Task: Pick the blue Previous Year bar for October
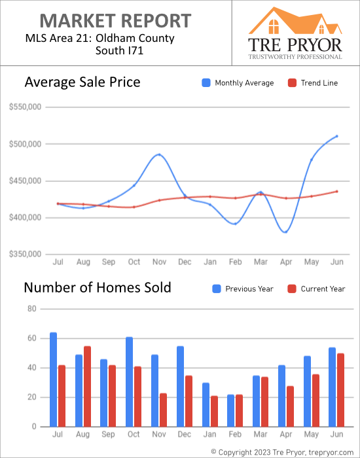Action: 130,381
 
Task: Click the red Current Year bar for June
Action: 340,390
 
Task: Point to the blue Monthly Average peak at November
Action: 159,155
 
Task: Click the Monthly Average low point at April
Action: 286,232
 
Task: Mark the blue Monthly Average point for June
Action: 336,136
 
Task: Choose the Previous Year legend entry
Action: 245,289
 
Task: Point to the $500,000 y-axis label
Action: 26,144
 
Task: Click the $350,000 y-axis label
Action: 26,255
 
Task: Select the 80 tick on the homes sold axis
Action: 31,309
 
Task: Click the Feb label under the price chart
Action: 236,262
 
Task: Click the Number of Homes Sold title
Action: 98,287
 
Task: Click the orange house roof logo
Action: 295,21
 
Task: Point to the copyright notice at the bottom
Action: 283,451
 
